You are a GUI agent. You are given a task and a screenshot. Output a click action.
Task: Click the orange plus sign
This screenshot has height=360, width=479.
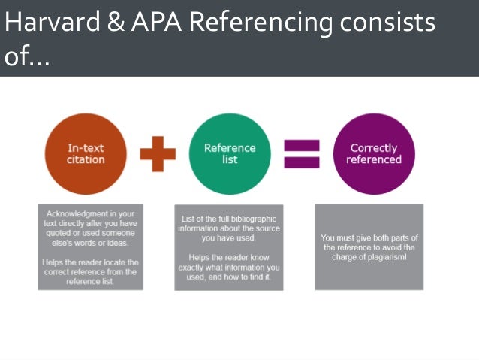coord(158,154)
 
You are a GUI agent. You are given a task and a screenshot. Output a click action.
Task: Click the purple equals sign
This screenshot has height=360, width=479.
coord(301,154)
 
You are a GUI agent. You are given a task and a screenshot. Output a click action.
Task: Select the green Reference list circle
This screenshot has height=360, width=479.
coord(230,154)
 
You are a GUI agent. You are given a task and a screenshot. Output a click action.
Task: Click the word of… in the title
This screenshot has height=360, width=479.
coord(27,58)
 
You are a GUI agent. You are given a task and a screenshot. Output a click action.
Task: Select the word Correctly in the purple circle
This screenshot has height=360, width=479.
coord(374,148)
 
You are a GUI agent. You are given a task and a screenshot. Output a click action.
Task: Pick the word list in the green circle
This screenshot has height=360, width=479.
coord(230,159)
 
